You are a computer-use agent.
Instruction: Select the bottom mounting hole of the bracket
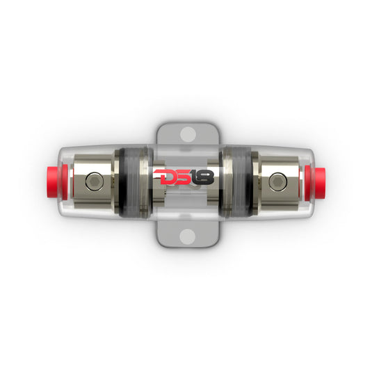coord(186,237)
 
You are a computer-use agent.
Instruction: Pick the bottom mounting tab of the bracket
coord(186,233)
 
